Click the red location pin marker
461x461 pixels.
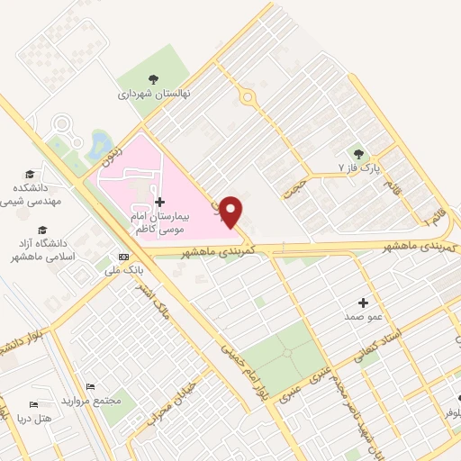(x=231, y=211)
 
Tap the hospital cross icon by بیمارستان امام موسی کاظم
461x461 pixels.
(x=159, y=201)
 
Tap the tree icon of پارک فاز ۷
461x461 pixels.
(x=359, y=153)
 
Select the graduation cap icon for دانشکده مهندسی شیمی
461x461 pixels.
(x=30, y=174)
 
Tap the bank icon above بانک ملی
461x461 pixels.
(x=123, y=257)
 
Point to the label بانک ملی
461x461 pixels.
(x=119, y=270)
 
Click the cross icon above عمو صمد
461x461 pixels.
(x=364, y=303)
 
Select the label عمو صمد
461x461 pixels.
(x=360, y=318)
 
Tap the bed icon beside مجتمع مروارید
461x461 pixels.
(x=89, y=386)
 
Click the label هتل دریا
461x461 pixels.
(x=36, y=419)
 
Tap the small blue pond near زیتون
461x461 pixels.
(x=98, y=143)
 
